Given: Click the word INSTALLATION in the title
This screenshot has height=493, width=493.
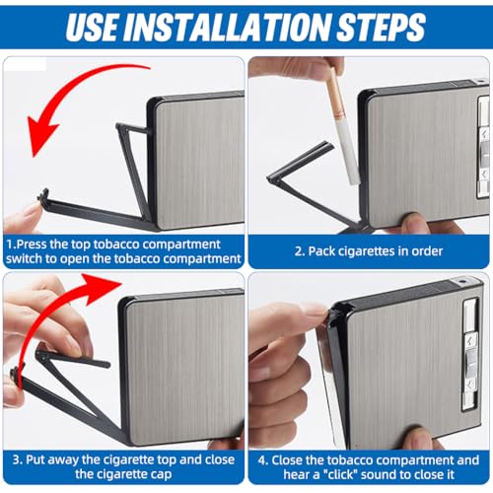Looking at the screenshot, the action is tap(228, 27).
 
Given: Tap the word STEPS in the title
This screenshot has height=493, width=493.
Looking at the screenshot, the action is tap(382, 27).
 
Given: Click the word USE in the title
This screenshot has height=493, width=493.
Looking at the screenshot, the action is tap(92, 27).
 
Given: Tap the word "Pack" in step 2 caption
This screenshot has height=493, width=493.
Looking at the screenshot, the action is tap(321, 251).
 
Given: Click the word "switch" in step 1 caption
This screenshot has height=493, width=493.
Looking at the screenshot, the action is tap(23, 258).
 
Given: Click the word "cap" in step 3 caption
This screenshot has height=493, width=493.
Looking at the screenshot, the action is tap(162, 474).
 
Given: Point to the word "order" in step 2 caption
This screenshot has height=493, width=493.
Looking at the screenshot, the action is tap(427, 251).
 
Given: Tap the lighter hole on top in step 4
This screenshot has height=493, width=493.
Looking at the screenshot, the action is tap(461, 281).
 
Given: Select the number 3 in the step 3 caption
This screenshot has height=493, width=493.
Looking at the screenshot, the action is tap(16, 459).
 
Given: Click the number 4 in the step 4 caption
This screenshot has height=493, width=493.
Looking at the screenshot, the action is tap(262, 460).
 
